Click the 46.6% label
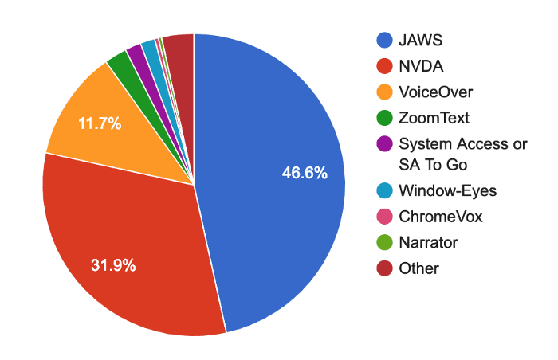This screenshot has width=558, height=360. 305,173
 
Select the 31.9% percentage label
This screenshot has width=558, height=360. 113,265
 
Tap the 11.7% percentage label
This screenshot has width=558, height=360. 100,123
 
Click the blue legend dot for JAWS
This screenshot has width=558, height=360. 384,40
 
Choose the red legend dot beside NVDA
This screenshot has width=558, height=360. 384,66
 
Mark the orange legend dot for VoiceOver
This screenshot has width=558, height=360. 384,92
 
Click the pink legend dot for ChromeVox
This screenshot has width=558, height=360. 384,217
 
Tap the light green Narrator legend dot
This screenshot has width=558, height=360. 384,243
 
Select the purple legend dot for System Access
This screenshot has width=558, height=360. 384,143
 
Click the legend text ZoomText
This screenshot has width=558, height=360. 434,118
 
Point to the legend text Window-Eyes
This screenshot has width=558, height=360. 448,191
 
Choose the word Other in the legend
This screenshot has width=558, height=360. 418,268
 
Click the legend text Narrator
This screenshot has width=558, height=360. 429,243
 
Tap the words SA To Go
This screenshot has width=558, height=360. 433,165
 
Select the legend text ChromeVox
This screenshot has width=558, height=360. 441,217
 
